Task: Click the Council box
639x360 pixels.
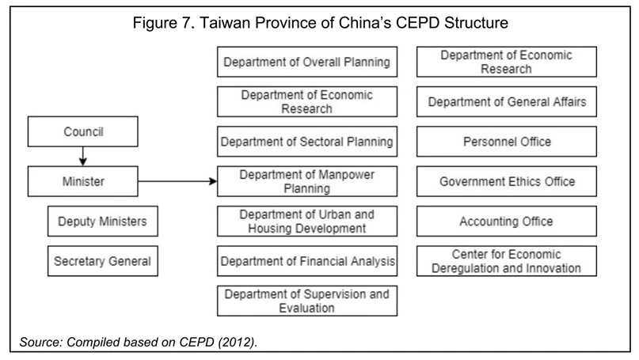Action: (82, 131)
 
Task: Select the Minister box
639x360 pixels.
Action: (82, 181)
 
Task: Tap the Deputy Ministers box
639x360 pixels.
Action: (103, 221)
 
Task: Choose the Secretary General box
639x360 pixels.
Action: (103, 261)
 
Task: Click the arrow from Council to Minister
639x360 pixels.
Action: (82, 157)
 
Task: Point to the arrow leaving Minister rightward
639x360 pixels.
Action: (177, 181)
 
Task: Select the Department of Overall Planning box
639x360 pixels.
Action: (307, 62)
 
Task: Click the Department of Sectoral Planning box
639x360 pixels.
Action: (307, 142)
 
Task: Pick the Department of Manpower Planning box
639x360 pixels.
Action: (307, 181)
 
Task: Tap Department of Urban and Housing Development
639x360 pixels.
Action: (307, 221)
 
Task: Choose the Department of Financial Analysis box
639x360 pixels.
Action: (307, 261)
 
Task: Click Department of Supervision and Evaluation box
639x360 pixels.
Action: (307, 301)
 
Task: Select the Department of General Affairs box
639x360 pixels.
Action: (507, 102)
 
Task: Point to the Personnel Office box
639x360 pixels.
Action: (507, 142)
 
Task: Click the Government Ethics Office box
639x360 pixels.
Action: (507, 181)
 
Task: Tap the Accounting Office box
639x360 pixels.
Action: (507, 221)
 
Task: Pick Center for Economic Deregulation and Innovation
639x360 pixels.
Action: (507, 261)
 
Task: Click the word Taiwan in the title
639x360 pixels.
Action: (225, 23)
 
